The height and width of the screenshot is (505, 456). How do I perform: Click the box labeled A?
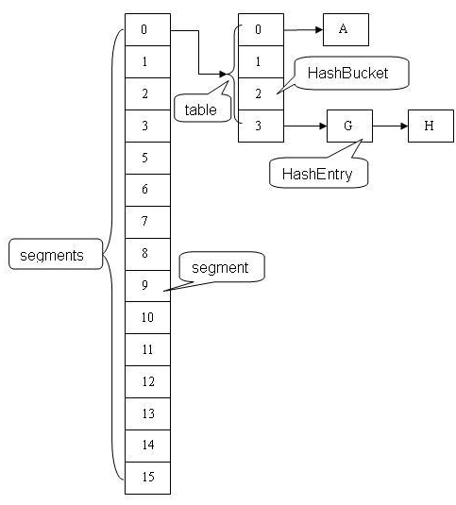pos(345,30)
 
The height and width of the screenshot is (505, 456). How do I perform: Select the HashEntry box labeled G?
pos(349,126)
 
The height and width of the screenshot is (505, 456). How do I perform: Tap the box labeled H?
pos(431,126)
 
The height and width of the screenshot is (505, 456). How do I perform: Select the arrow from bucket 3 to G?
pos(305,126)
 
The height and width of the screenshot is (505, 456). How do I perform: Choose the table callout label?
pos(200,109)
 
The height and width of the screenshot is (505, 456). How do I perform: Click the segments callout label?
pos(53,255)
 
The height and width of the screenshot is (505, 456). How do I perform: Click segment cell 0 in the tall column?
pos(147,30)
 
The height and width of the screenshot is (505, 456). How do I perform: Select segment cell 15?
pos(147,477)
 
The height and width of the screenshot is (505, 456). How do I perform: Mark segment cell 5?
pos(147,158)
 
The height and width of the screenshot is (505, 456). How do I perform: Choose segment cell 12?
pos(147,381)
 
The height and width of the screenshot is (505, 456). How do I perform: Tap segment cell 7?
pos(147,222)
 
